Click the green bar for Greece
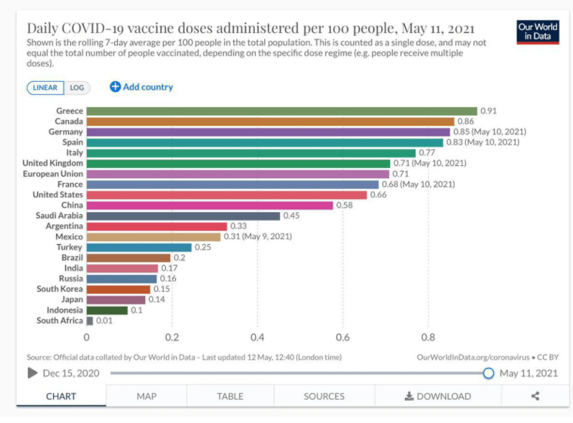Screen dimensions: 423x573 point(281,111)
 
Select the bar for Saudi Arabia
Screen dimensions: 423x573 point(183,215)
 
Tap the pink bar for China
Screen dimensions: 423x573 point(210,205)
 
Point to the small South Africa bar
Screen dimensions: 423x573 point(90,320)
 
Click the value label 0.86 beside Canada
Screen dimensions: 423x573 point(466,121)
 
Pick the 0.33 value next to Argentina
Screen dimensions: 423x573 point(238,226)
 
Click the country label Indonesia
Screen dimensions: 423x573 point(64,310)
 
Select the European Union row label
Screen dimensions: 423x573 point(53,174)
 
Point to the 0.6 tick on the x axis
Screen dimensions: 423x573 point(343,337)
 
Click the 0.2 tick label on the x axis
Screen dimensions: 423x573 point(172,337)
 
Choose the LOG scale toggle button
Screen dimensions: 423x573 point(77,88)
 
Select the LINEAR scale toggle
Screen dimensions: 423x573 point(45,88)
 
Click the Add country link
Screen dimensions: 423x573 point(141,87)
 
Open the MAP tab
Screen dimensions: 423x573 point(146,396)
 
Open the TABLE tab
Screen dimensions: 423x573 point(230,396)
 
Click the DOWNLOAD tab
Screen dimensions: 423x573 point(438,396)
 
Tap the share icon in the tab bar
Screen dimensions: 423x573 point(535,396)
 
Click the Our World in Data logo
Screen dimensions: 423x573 point(538,32)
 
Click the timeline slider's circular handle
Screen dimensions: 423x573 point(488,373)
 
